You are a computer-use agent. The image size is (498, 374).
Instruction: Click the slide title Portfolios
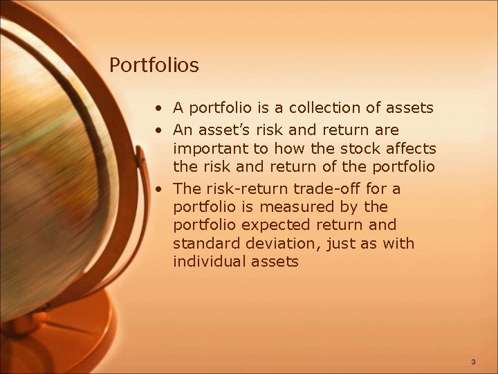(154, 65)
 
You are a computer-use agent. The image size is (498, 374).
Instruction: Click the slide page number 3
(473, 362)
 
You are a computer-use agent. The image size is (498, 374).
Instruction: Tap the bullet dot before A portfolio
(159, 109)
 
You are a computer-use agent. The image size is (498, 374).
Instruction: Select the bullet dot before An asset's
(159, 130)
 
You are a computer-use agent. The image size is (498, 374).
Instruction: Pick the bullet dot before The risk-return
(159, 189)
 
